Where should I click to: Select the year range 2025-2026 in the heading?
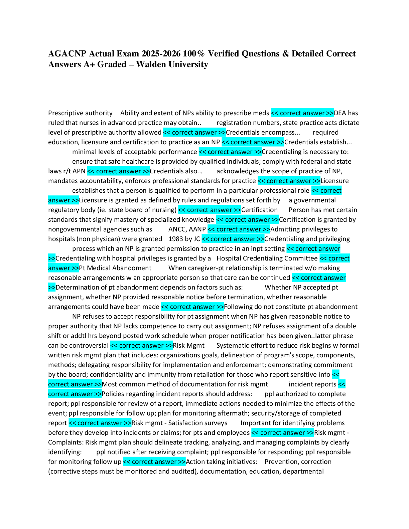click(x=161, y=54)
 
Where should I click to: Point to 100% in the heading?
click(x=194, y=54)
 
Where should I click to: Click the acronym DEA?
click(x=340, y=113)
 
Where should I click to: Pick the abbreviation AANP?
click(x=197, y=229)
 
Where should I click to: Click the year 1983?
click(x=175, y=239)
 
